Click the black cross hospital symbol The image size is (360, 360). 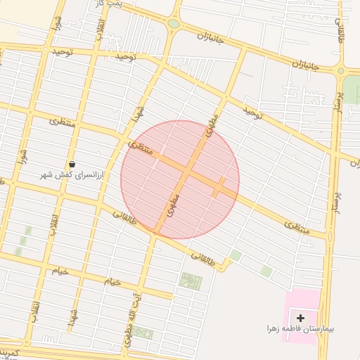point(301,318)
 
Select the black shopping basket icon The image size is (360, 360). point(72,164)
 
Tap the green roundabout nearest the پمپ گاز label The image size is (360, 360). point(174,24)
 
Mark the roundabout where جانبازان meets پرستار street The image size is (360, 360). point(341,70)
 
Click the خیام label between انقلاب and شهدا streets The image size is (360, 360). point(112,282)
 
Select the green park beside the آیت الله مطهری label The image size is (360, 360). point(191,281)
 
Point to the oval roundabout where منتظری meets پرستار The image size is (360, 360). point(330,236)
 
